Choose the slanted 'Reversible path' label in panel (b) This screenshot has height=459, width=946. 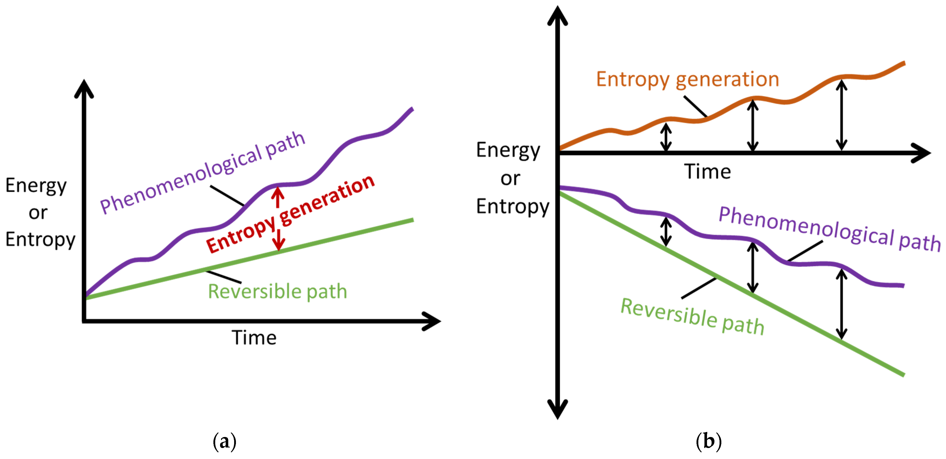[692, 316]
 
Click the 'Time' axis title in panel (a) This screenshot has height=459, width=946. [254, 338]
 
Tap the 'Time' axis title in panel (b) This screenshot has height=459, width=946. [707, 171]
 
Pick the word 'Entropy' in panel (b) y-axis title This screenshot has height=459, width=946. [513, 206]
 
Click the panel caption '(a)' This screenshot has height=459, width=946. [224, 441]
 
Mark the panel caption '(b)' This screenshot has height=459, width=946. [708, 441]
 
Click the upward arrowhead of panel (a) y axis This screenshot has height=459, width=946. [84, 88]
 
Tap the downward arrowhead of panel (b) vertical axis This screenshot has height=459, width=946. [558, 409]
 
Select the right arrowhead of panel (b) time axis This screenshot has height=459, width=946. [922, 153]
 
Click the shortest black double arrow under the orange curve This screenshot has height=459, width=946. [666, 137]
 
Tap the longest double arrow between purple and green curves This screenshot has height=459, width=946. [841, 304]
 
